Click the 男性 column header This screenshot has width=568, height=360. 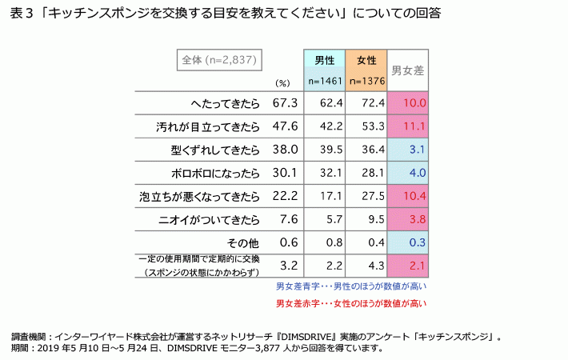(324, 60)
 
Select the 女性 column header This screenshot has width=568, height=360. (366, 60)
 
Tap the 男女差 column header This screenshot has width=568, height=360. (407, 70)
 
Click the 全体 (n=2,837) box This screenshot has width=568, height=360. (219, 60)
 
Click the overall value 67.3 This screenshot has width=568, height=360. (285, 103)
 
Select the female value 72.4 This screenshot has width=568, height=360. (366, 103)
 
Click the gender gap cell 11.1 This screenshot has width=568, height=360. (407, 126)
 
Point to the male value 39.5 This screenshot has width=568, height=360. (324, 150)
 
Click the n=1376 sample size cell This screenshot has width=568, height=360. (366, 81)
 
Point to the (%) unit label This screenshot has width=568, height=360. (282, 82)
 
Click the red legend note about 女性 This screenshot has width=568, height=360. (351, 303)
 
